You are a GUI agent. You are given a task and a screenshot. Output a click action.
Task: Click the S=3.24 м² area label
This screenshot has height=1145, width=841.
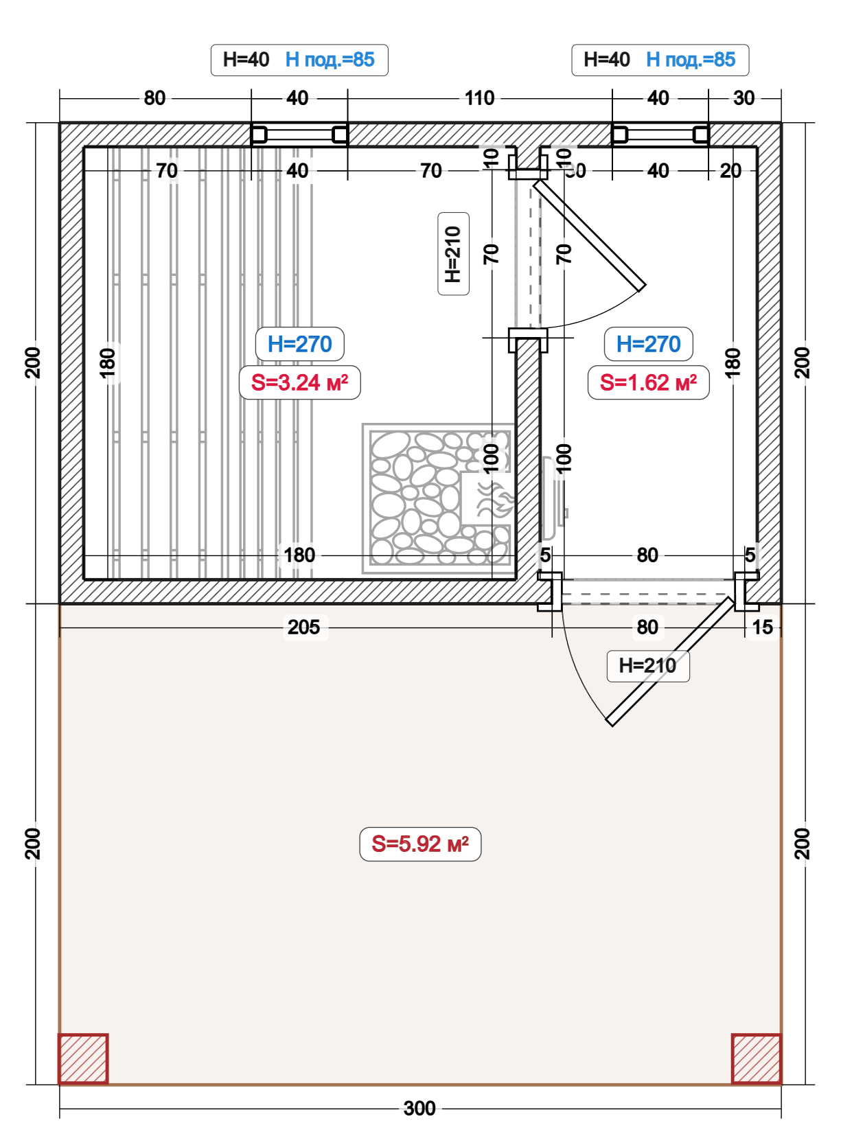[299, 382]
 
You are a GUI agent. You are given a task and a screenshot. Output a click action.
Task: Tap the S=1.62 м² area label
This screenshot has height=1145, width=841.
[648, 382]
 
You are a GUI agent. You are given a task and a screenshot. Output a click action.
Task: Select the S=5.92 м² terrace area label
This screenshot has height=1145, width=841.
[419, 844]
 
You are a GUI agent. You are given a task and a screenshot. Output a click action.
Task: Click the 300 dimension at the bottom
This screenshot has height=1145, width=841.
[419, 1108]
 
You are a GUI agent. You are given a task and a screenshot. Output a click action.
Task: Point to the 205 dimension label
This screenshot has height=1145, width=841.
[303, 627]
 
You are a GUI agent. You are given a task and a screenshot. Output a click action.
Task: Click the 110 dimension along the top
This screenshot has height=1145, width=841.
[480, 98]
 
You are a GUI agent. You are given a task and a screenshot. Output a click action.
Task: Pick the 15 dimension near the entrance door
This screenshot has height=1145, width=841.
[762, 627]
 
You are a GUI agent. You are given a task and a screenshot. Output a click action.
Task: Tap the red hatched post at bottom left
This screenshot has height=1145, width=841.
[83, 1059]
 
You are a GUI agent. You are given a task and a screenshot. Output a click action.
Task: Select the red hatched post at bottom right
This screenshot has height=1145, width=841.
[756, 1059]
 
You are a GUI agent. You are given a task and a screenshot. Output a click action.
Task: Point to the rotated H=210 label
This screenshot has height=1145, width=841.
[454, 254]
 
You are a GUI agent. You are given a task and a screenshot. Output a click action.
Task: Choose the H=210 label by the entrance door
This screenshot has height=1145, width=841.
[648, 666]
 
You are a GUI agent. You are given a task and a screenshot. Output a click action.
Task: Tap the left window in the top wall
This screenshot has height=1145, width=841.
[299, 135]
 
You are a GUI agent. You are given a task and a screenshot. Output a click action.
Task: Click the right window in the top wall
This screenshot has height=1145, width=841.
[660, 135]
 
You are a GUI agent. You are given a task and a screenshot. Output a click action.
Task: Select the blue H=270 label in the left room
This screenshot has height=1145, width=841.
[299, 344]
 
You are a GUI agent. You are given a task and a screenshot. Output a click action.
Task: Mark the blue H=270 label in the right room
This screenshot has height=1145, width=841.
[648, 344]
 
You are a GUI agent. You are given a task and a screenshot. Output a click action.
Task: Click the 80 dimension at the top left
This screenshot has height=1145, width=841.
[154, 98]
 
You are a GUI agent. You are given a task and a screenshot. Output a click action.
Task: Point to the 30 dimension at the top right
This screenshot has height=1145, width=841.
[744, 98]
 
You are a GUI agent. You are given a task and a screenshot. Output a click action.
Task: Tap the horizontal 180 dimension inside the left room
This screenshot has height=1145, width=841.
[299, 555]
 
